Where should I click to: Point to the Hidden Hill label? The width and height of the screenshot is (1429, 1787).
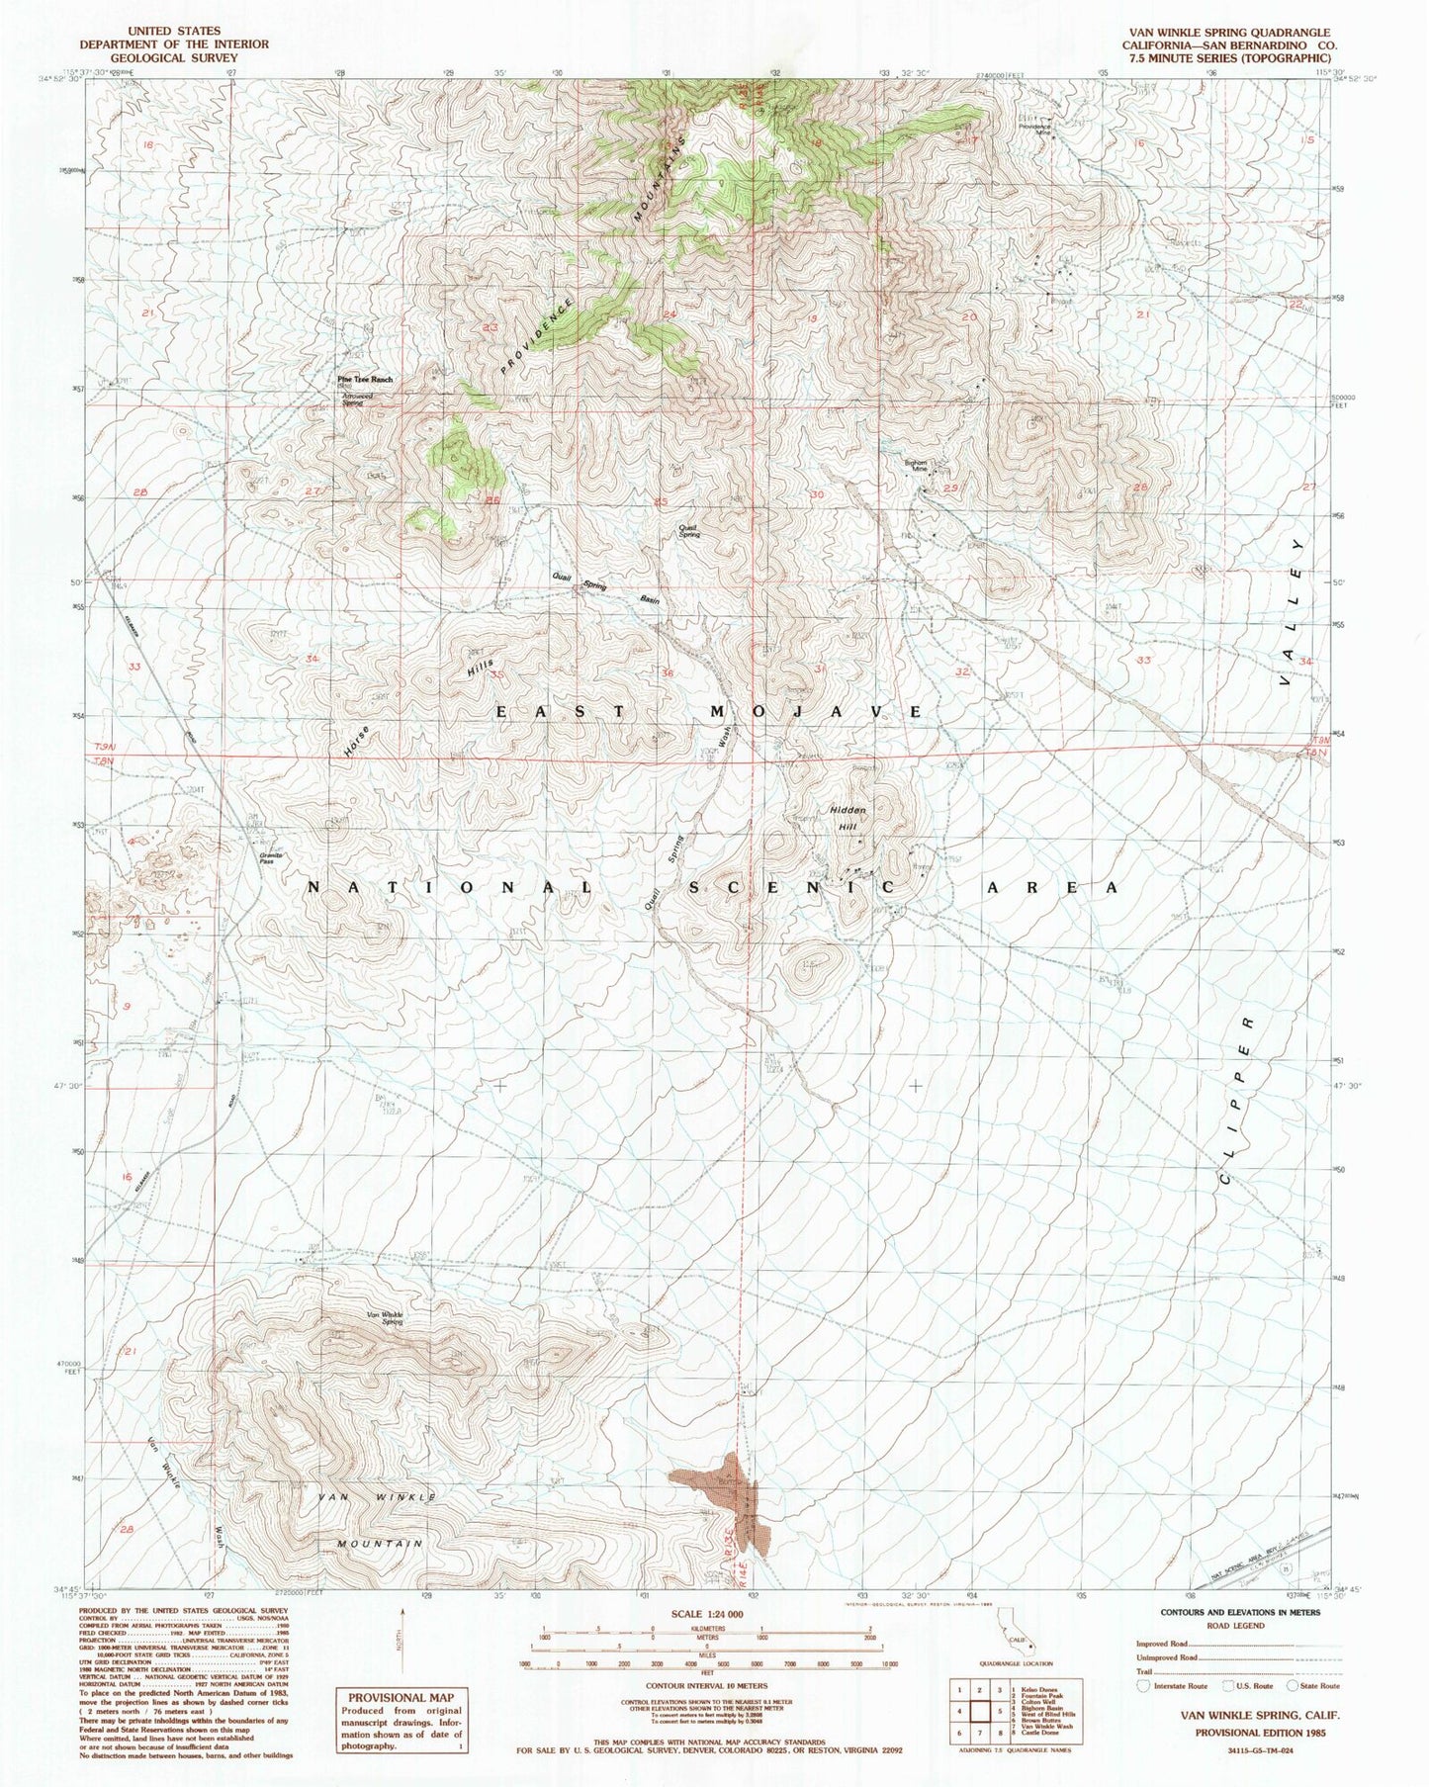tap(848, 818)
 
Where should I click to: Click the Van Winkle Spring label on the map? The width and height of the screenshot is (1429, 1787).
tap(385, 1317)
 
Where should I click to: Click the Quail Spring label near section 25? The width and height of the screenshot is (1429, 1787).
tap(689, 531)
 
